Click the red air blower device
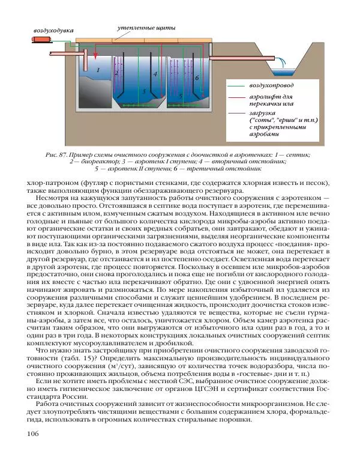[x=41, y=40]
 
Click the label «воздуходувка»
[x=53, y=29]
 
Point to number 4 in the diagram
[x=155, y=74]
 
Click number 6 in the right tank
[x=197, y=79]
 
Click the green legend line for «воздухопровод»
[x=235, y=86]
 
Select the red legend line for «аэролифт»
[x=235, y=96]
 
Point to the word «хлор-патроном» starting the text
[x=46, y=182]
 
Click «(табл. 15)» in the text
[x=76, y=359]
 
